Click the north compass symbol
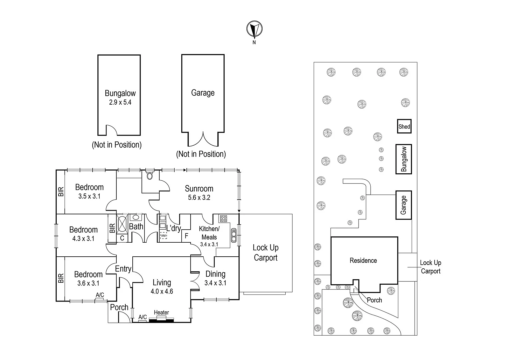pyautogui.click(x=254, y=29)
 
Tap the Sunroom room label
pyautogui.click(x=199, y=189)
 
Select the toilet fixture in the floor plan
pyautogui.click(x=150, y=175)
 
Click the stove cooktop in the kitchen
pyautogui.click(x=223, y=219)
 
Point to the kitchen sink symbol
pyautogui.click(x=234, y=235)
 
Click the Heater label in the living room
pyautogui.click(x=161, y=312)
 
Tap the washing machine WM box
pyautogui.click(x=163, y=236)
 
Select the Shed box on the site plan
pyautogui.click(x=404, y=126)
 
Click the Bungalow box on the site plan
pyautogui.click(x=404, y=159)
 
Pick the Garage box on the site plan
pyautogui.click(x=403, y=205)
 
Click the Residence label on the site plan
pyautogui.click(x=363, y=260)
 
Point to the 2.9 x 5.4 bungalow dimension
pyautogui.click(x=120, y=102)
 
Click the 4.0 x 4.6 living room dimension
pyautogui.click(x=162, y=291)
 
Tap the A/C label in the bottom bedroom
pyautogui.click(x=100, y=295)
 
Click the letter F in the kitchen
pyautogui.click(x=186, y=236)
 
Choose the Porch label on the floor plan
pyautogui.click(x=119, y=307)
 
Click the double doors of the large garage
pyautogui.click(x=203, y=139)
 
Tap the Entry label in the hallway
pyautogui.click(x=123, y=269)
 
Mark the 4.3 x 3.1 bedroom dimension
pyautogui.click(x=83, y=239)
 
